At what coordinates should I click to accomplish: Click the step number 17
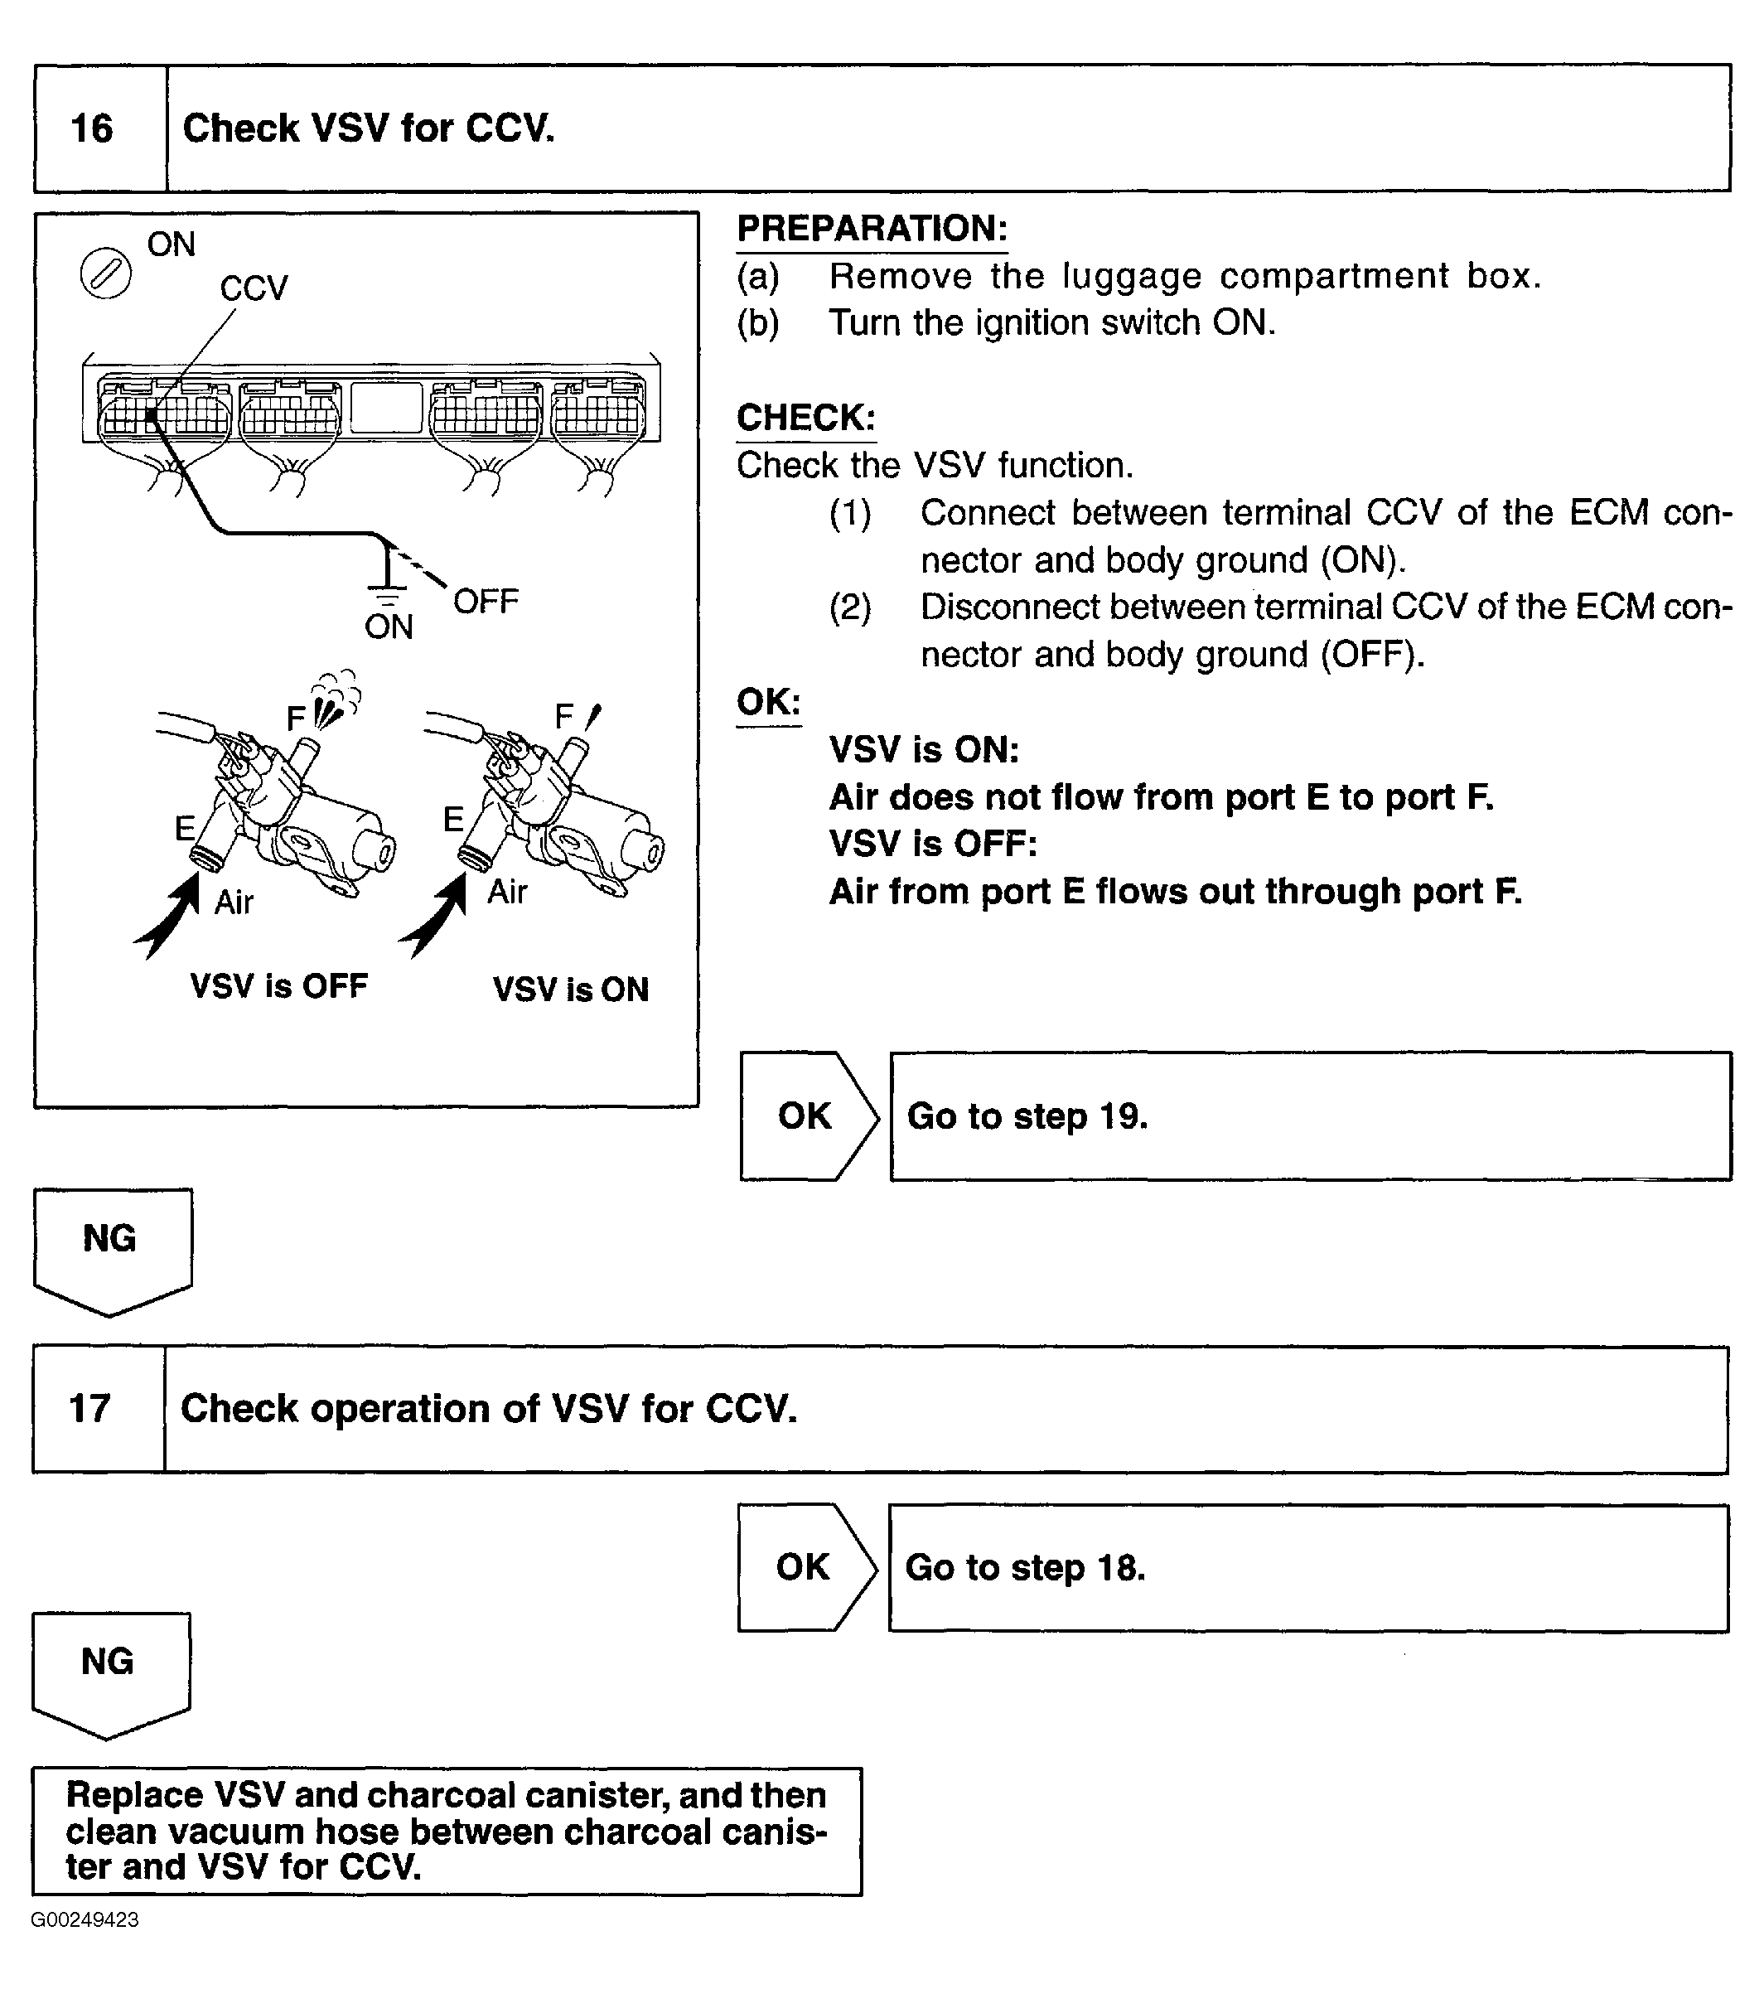click(x=89, y=1408)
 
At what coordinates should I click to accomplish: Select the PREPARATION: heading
click(x=872, y=229)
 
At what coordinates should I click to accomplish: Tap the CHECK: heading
click(x=805, y=418)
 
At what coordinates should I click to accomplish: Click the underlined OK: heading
click(x=769, y=702)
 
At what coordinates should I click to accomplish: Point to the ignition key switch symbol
click(x=105, y=273)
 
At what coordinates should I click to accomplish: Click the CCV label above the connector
click(x=253, y=289)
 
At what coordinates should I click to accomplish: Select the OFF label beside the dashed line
click(x=486, y=602)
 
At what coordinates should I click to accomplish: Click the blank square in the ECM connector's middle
click(x=386, y=408)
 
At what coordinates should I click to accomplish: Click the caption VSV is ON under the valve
click(x=570, y=990)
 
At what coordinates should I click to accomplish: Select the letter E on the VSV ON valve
click(x=453, y=820)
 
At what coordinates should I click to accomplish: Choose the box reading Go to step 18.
click(x=1307, y=1568)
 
